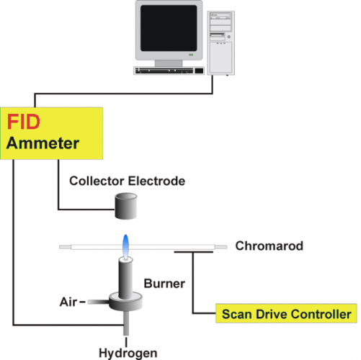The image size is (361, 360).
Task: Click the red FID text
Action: coord(24,122)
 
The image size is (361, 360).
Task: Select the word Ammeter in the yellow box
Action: coord(43,143)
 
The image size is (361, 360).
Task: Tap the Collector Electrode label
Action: coord(128,181)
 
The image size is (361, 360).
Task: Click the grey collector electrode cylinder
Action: coord(126,206)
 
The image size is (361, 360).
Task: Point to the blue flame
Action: coord(125,246)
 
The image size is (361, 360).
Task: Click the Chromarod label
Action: coord(269,246)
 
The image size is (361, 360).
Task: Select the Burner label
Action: coord(164,284)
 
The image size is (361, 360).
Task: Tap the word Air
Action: coord(68,302)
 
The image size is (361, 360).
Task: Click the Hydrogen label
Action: coord(128,353)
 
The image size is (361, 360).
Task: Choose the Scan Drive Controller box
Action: coord(286,313)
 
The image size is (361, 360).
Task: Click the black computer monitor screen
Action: coord(169,28)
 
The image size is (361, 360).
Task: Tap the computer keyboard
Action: coord(169,71)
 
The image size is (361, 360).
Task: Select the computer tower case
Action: coord(220,43)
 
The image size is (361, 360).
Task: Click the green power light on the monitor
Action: coord(191,55)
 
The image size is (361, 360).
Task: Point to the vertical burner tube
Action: coord(125,278)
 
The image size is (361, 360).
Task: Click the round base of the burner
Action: coord(125,302)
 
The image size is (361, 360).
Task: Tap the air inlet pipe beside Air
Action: coord(99,302)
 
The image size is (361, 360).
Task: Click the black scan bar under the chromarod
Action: coord(193,252)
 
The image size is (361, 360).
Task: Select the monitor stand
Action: coord(169,63)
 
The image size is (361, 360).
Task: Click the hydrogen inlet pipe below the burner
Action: coord(126,323)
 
